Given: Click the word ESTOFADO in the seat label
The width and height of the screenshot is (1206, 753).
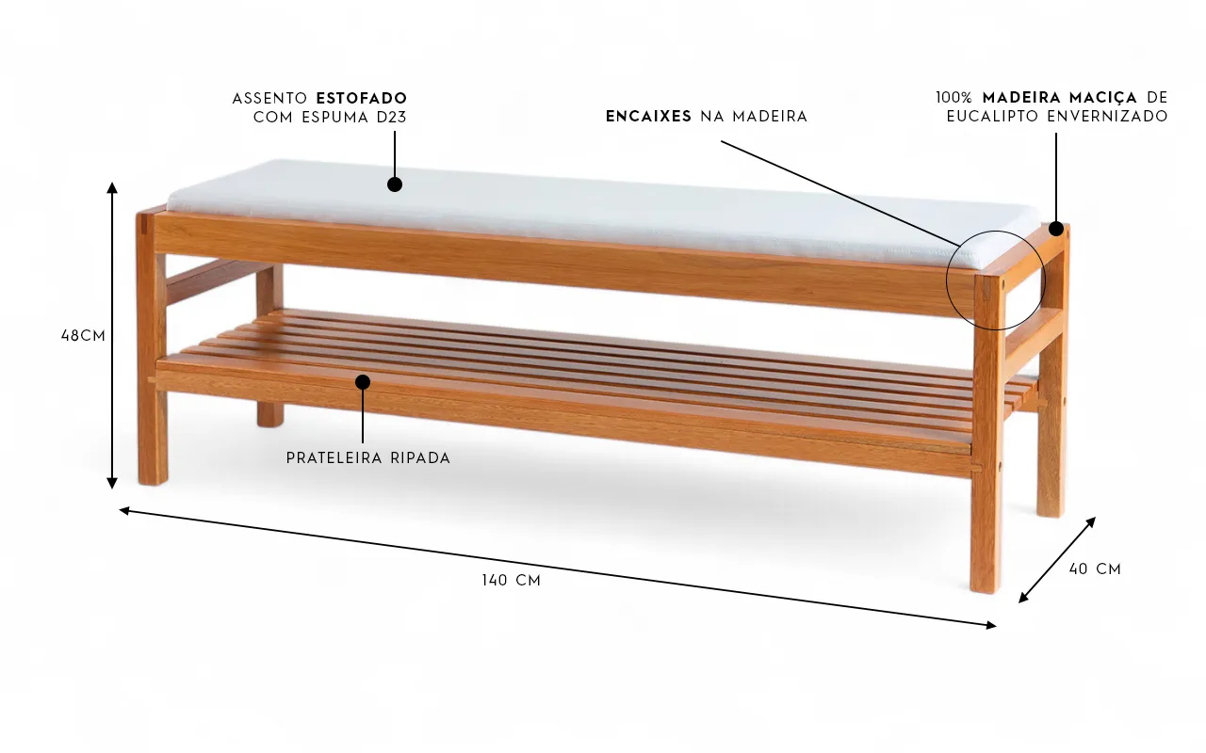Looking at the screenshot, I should [x=362, y=98].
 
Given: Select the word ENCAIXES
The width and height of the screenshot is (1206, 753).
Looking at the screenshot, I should [x=648, y=117].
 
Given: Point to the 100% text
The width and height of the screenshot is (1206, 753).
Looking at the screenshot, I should [x=954, y=98].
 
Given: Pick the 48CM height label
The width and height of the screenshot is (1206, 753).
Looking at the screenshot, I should [x=83, y=335].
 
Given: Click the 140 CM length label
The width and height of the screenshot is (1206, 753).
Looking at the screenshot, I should [x=512, y=581].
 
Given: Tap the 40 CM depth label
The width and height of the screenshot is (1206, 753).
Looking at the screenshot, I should [x=1095, y=569].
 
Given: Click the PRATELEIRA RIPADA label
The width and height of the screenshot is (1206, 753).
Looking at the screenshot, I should [x=368, y=458].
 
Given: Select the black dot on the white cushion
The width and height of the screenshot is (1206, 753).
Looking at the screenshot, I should [x=395, y=184].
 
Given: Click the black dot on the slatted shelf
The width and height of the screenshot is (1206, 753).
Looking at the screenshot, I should [x=363, y=381].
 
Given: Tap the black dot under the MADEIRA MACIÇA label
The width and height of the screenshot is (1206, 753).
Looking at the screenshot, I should [x=1056, y=229].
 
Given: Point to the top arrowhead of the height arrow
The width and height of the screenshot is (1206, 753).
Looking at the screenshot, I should [x=112, y=187].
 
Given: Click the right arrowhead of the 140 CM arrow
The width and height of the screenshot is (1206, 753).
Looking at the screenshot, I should [x=990, y=624].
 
